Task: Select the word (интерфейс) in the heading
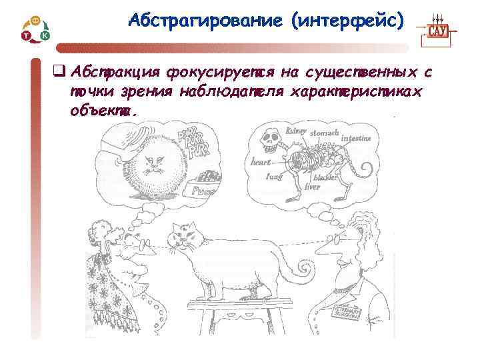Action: (x=347, y=21)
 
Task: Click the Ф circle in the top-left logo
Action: (x=35, y=21)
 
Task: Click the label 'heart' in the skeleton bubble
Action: (x=261, y=161)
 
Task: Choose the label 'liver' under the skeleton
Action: (x=313, y=187)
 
